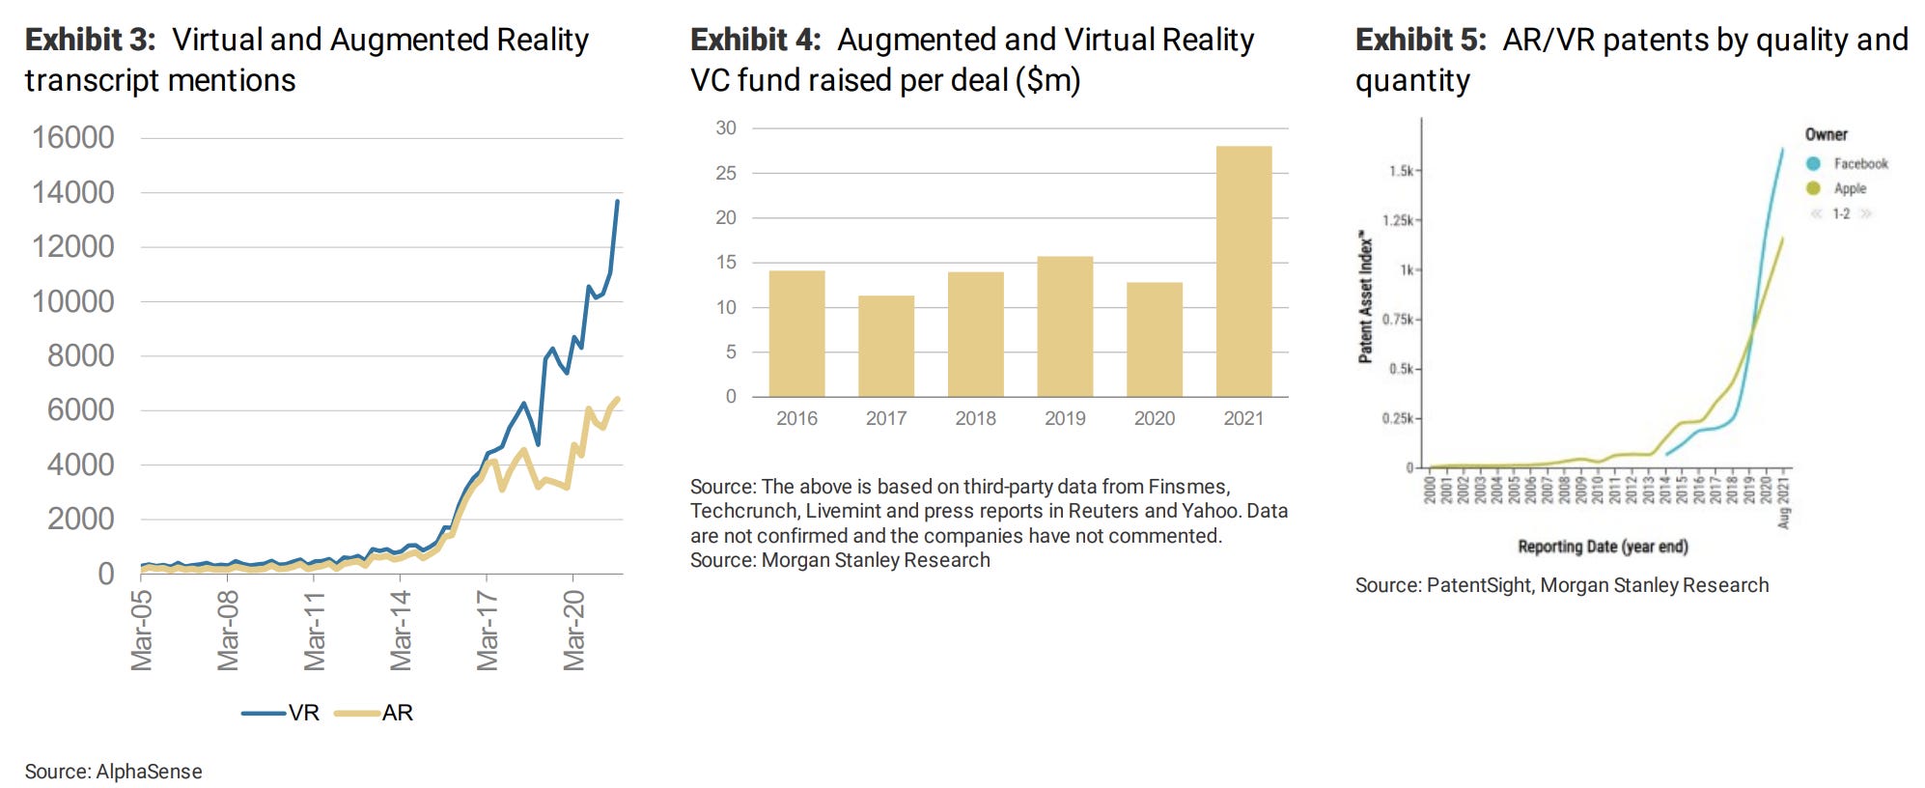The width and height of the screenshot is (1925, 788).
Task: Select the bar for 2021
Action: [x=1243, y=271]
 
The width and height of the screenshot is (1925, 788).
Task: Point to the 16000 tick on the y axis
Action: [x=73, y=137]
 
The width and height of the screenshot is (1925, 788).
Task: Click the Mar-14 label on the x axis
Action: [x=401, y=630]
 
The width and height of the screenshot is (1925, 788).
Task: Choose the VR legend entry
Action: [x=281, y=713]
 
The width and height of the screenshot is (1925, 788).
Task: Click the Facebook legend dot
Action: [x=1813, y=163]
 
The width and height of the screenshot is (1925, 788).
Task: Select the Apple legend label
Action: [x=1850, y=188]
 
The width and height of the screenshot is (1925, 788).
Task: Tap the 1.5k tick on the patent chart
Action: [x=1401, y=171]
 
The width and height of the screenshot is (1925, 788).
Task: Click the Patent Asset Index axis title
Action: [x=1365, y=296]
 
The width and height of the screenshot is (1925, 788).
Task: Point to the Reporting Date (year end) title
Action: [x=1603, y=547]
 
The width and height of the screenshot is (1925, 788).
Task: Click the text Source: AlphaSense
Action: [x=113, y=772]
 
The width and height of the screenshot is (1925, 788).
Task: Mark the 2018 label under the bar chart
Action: [x=975, y=418]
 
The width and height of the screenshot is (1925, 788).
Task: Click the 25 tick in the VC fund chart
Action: [x=726, y=173]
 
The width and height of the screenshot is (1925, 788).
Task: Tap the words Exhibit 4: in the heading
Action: [x=755, y=40]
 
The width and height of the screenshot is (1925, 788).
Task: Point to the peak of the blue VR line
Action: [x=618, y=201]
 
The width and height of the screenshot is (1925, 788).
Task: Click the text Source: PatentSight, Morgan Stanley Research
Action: [x=1561, y=585]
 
